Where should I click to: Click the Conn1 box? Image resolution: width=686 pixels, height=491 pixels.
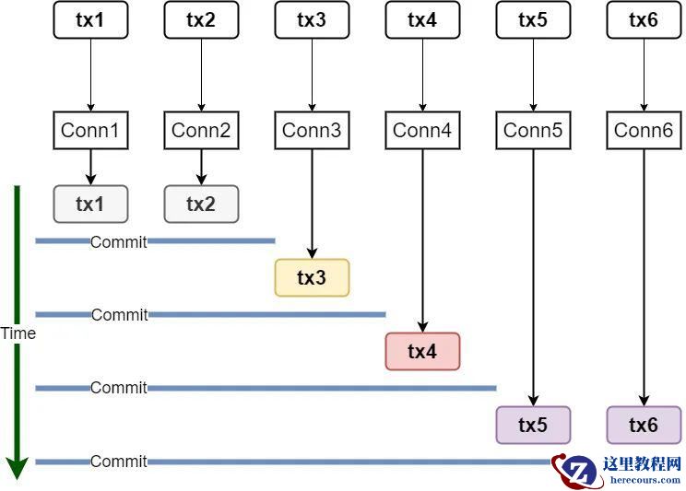click(x=90, y=131)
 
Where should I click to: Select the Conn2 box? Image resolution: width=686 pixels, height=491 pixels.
click(x=201, y=131)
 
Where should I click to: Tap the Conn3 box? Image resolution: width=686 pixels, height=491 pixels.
click(x=312, y=131)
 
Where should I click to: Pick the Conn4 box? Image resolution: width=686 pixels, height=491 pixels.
click(x=422, y=131)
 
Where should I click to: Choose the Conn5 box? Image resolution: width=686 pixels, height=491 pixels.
click(x=533, y=131)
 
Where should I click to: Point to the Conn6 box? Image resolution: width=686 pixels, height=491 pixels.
click(x=644, y=131)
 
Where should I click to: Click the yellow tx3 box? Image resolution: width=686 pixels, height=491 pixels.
click(x=312, y=277)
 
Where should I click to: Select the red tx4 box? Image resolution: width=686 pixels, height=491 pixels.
click(x=422, y=351)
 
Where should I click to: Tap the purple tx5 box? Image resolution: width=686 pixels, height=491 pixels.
click(x=533, y=425)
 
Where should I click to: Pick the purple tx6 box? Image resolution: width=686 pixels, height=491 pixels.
click(x=644, y=425)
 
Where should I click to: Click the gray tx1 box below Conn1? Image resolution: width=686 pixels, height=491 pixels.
click(x=90, y=204)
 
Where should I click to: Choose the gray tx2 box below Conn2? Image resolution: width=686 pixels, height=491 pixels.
click(x=201, y=204)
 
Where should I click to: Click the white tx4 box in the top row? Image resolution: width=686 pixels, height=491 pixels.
click(x=422, y=20)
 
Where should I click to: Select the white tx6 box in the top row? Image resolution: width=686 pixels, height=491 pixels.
click(x=644, y=20)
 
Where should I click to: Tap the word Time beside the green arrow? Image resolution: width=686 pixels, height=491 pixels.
click(x=18, y=333)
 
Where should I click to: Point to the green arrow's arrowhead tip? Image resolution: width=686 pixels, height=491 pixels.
click(x=17, y=477)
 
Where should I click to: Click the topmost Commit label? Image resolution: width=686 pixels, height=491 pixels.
click(x=119, y=241)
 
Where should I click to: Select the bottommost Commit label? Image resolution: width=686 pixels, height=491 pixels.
click(x=119, y=462)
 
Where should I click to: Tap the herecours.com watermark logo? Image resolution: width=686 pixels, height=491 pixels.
click(x=618, y=470)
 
